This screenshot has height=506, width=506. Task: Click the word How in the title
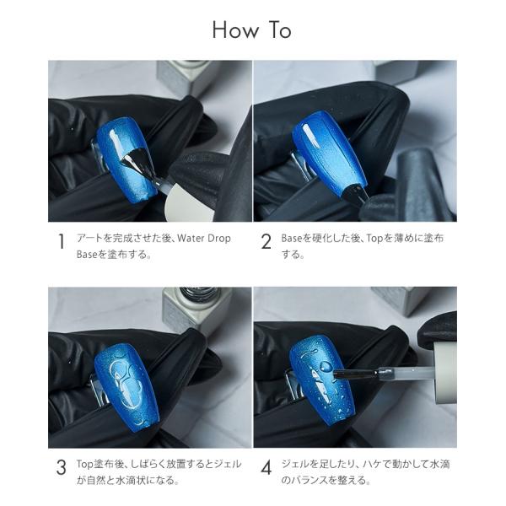[235, 30]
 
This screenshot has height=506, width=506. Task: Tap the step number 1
[61, 241]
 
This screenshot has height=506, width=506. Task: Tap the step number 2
[266, 241]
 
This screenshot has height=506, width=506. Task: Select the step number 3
[61, 467]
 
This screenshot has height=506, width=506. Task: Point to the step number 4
[266, 467]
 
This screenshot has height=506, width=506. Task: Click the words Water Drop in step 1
[204, 238]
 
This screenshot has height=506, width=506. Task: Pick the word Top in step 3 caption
[85, 464]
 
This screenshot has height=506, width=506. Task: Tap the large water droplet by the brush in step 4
[326, 366]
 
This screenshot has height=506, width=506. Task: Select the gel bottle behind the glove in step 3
[197, 308]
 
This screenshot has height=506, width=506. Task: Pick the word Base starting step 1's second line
[87, 255]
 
